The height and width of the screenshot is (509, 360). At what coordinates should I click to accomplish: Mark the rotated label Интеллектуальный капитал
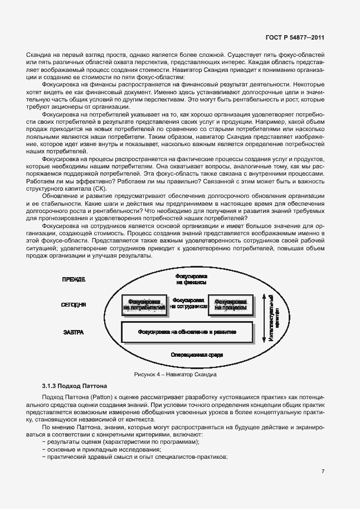tap(273, 317)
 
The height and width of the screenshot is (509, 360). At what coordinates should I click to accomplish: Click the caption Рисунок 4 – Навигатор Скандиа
tap(175, 375)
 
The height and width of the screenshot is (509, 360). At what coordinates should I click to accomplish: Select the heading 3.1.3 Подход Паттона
tap(75, 386)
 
